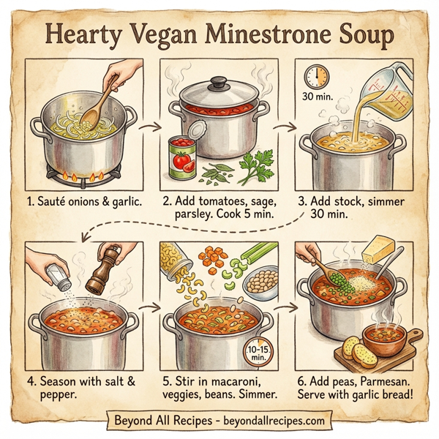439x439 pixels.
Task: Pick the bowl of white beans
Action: pos(260,282)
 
